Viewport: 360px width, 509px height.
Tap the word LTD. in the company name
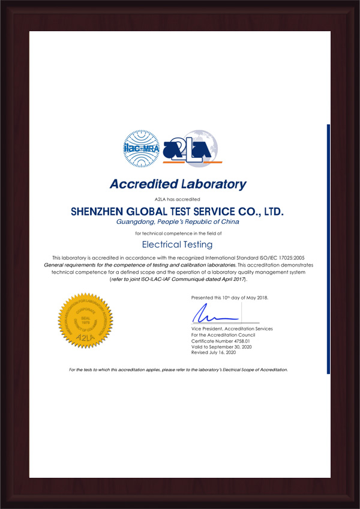pyautogui.click(x=269, y=212)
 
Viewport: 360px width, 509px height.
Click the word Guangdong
pyautogui.click(x=134, y=222)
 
